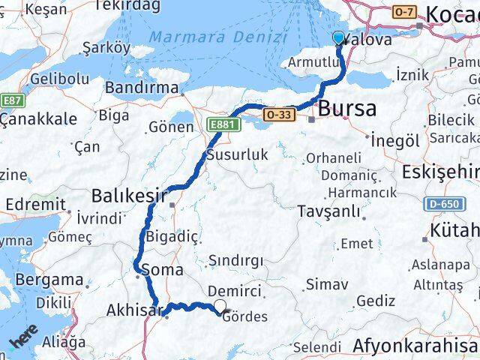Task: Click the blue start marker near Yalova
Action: [338, 39]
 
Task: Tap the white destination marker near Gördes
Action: [220, 305]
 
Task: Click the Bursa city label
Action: [346, 109]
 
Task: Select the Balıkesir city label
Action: [128, 196]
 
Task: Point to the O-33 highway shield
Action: [278, 114]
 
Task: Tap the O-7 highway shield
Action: [404, 12]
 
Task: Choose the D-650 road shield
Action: [442, 203]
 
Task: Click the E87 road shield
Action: [12, 100]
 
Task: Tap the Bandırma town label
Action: [142, 88]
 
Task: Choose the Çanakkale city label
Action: [38, 118]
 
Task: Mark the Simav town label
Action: [327, 284]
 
